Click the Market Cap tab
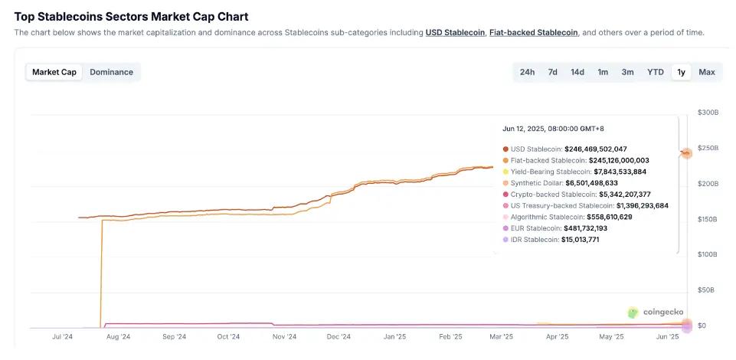[54, 72]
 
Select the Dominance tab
[111, 72]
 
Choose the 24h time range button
[527, 72]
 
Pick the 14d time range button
[577, 72]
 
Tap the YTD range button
[655, 72]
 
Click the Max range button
[706, 72]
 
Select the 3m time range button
[627, 72]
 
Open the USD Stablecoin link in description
[455, 32]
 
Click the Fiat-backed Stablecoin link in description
[533, 32]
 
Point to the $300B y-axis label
[708, 113]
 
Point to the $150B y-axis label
[708, 219]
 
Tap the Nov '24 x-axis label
[284, 336]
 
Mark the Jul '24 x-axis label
[62, 336]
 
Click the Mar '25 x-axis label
[501, 336]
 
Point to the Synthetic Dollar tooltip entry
[537, 183]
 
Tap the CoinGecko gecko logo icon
[633, 312]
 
